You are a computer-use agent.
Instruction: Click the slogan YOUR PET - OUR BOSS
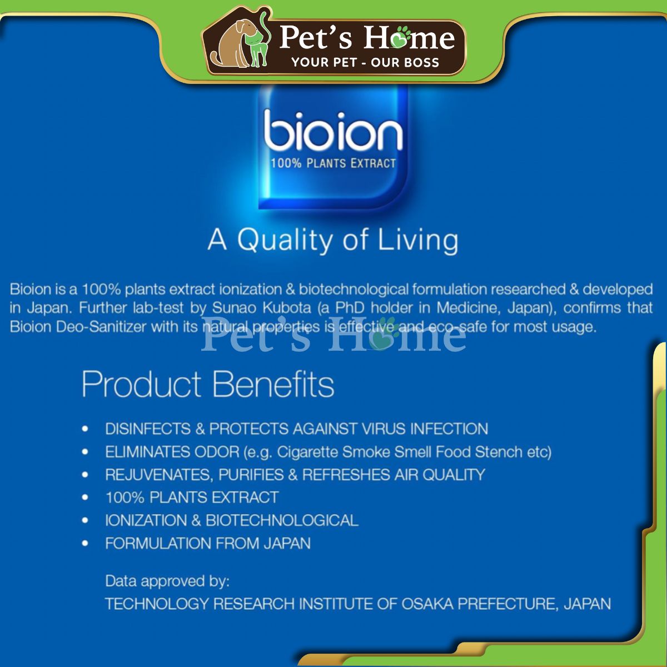(x=365, y=62)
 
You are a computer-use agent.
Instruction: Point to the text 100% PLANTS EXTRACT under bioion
(x=333, y=163)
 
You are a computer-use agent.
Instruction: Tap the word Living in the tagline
(x=418, y=241)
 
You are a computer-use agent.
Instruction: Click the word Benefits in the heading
(x=273, y=384)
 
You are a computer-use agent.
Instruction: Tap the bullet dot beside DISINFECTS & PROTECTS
(x=85, y=429)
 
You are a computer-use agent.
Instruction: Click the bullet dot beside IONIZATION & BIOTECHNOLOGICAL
(x=85, y=520)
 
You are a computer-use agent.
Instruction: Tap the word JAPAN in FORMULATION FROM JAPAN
(x=287, y=543)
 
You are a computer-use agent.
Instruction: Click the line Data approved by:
(x=167, y=581)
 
